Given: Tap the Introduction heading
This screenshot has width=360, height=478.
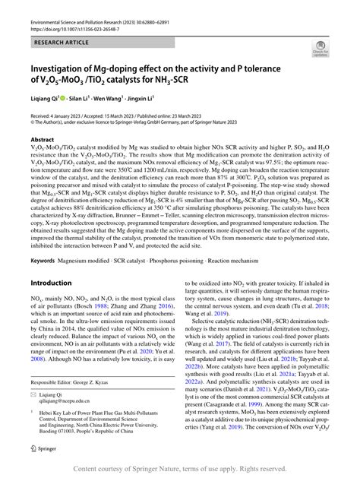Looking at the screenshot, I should point(52,261).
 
